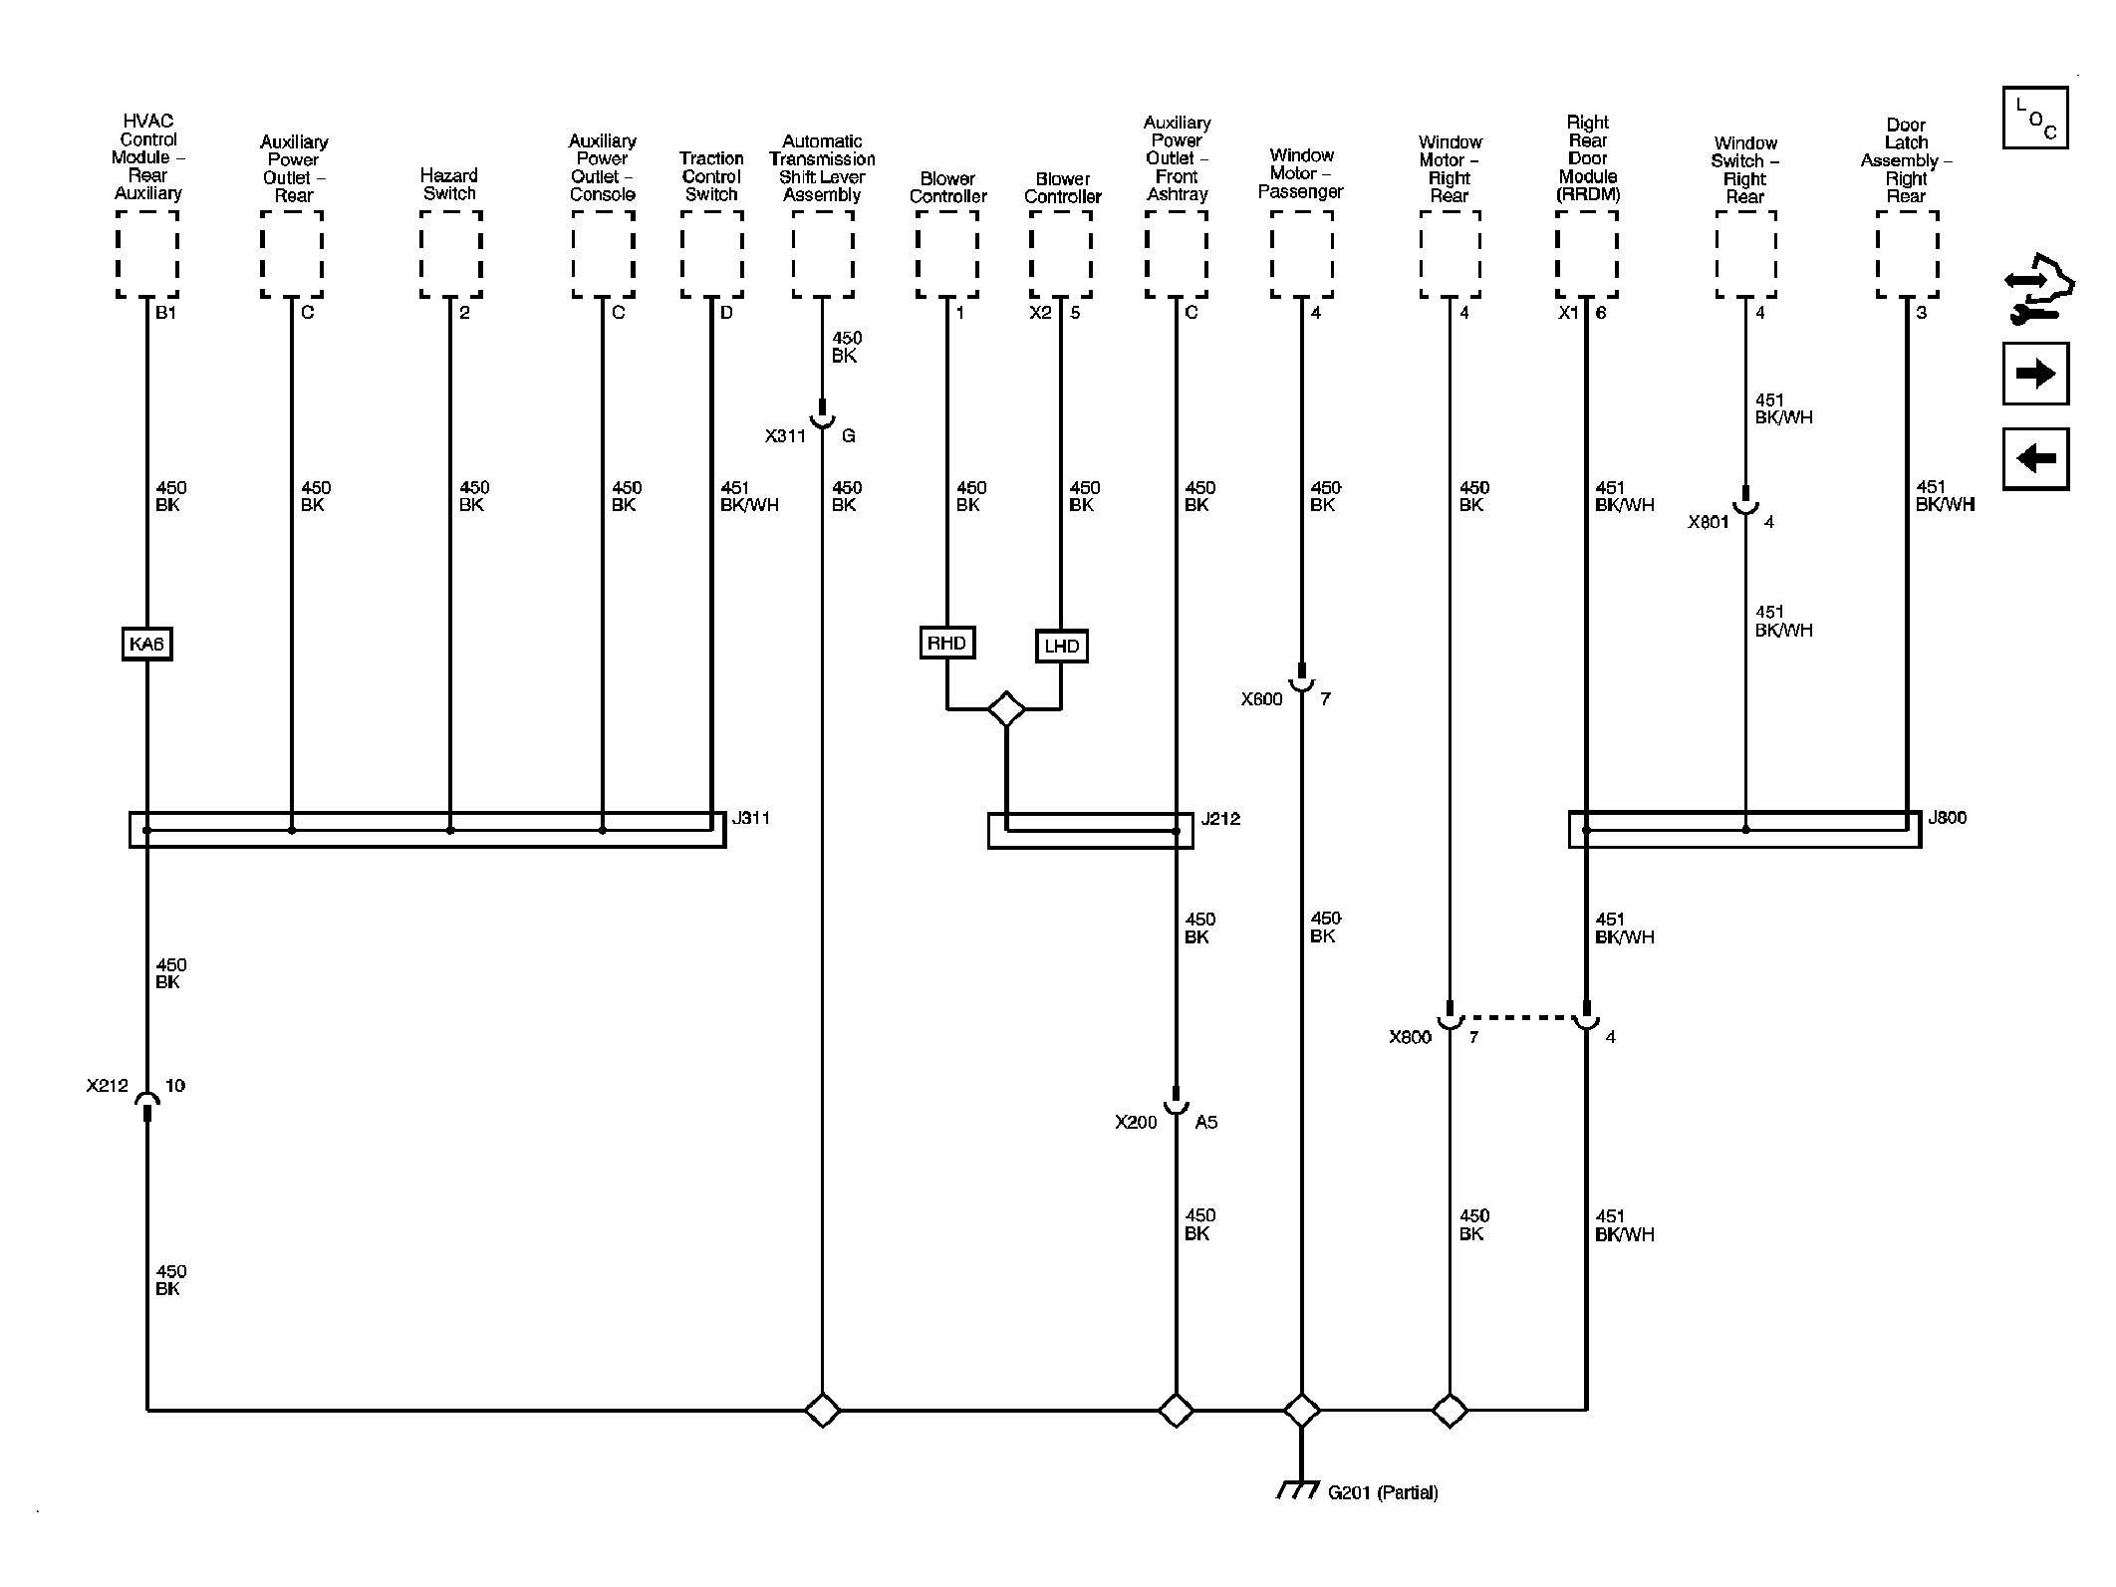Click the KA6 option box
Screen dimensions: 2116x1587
[x=146, y=644]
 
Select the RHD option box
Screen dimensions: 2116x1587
[x=946, y=643]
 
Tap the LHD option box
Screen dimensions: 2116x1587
[x=1062, y=646]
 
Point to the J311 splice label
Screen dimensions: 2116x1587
[x=750, y=818]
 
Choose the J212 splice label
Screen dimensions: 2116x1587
[x=1220, y=819]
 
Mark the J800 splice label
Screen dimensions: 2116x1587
[x=1947, y=818]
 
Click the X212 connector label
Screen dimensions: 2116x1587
[x=108, y=1085]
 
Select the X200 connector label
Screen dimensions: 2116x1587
[x=1136, y=1122]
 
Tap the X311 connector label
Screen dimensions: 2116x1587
[x=785, y=435]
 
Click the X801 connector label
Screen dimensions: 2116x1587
[x=1708, y=521]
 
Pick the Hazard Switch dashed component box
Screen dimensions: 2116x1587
[x=450, y=254]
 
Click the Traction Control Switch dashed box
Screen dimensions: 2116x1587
[x=711, y=254]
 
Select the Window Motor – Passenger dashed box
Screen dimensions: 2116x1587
[x=1301, y=254]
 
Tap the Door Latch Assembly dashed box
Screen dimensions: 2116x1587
[x=1907, y=254]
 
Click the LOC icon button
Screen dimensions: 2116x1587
[x=2035, y=118]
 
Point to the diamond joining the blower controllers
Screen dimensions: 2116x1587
[x=1006, y=709]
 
